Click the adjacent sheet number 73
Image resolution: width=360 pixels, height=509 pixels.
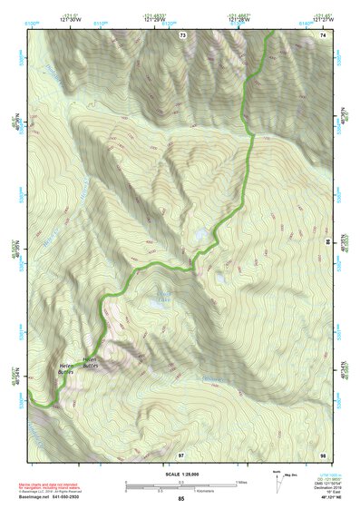tap(182, 34)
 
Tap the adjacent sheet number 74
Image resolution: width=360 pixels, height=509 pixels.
tap(323, 34)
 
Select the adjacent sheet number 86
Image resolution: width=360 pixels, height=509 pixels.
tap(327, 242)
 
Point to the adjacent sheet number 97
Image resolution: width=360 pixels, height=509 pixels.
tap(181, 453)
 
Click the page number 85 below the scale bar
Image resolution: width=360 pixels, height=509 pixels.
tap(180, 499)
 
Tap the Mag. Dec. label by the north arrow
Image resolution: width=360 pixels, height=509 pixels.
tap(292, 475)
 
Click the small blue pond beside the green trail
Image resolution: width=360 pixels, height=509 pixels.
tap(199, 236)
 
